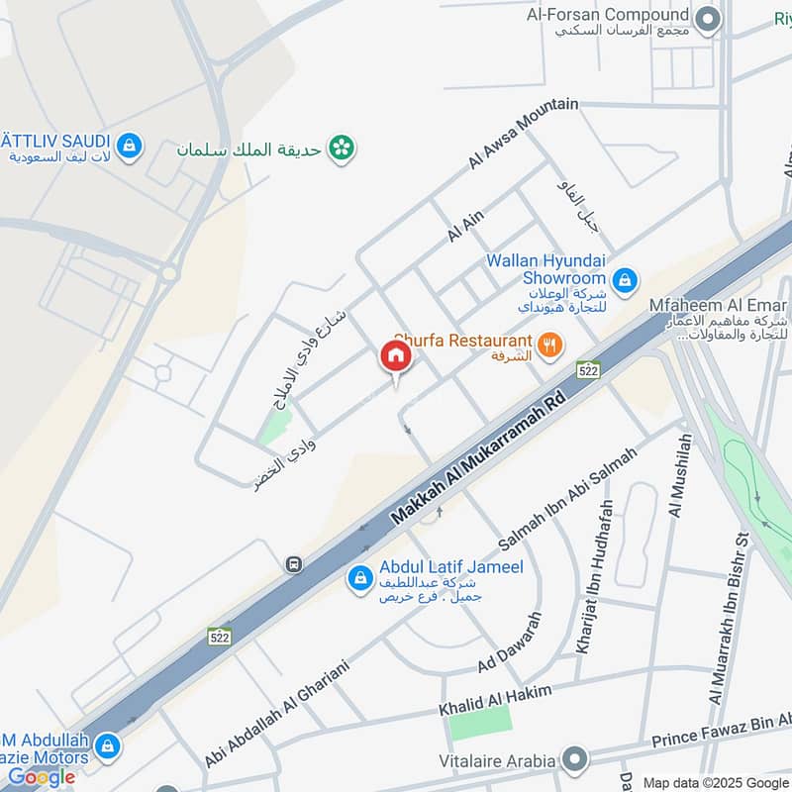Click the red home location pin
point(396,357)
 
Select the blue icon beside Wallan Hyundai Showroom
point(624,282)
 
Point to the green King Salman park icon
point(343,148)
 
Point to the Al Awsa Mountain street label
point(524,134)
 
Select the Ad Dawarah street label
point(511,643)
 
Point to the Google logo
point(42,777)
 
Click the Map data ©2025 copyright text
point(715,782)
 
